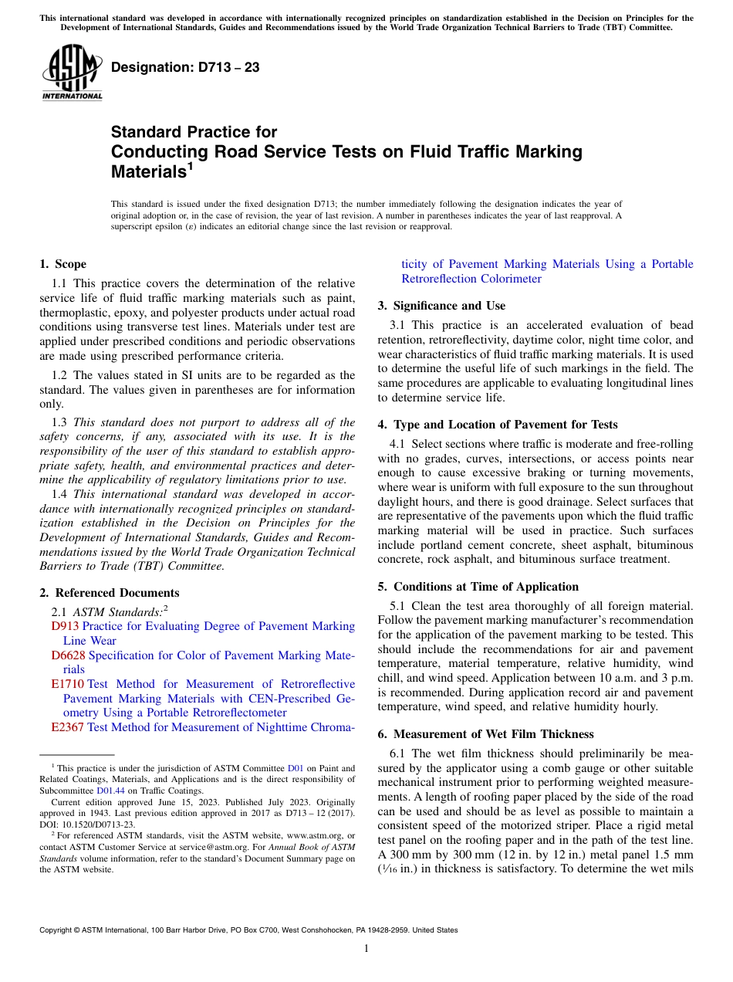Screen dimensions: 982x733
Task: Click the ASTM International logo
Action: tap(71, 73)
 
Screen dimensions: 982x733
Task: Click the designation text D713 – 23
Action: tap(185, 68)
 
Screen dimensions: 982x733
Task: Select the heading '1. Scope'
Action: tap(62, 264)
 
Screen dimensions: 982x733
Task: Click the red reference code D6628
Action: tap(68, 655)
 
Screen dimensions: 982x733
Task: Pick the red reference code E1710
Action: tap(67, 684)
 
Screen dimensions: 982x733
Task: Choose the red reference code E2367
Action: tap(67, 727)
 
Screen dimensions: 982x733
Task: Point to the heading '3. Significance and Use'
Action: tap(441, 306)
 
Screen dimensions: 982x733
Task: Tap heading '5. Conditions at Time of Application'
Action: tap(478, 587)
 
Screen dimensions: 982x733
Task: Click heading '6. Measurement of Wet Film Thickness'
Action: tap(485, 734)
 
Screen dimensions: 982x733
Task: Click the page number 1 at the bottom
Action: tap(366, 949)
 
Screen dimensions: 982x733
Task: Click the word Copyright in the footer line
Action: tap(57, 930)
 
